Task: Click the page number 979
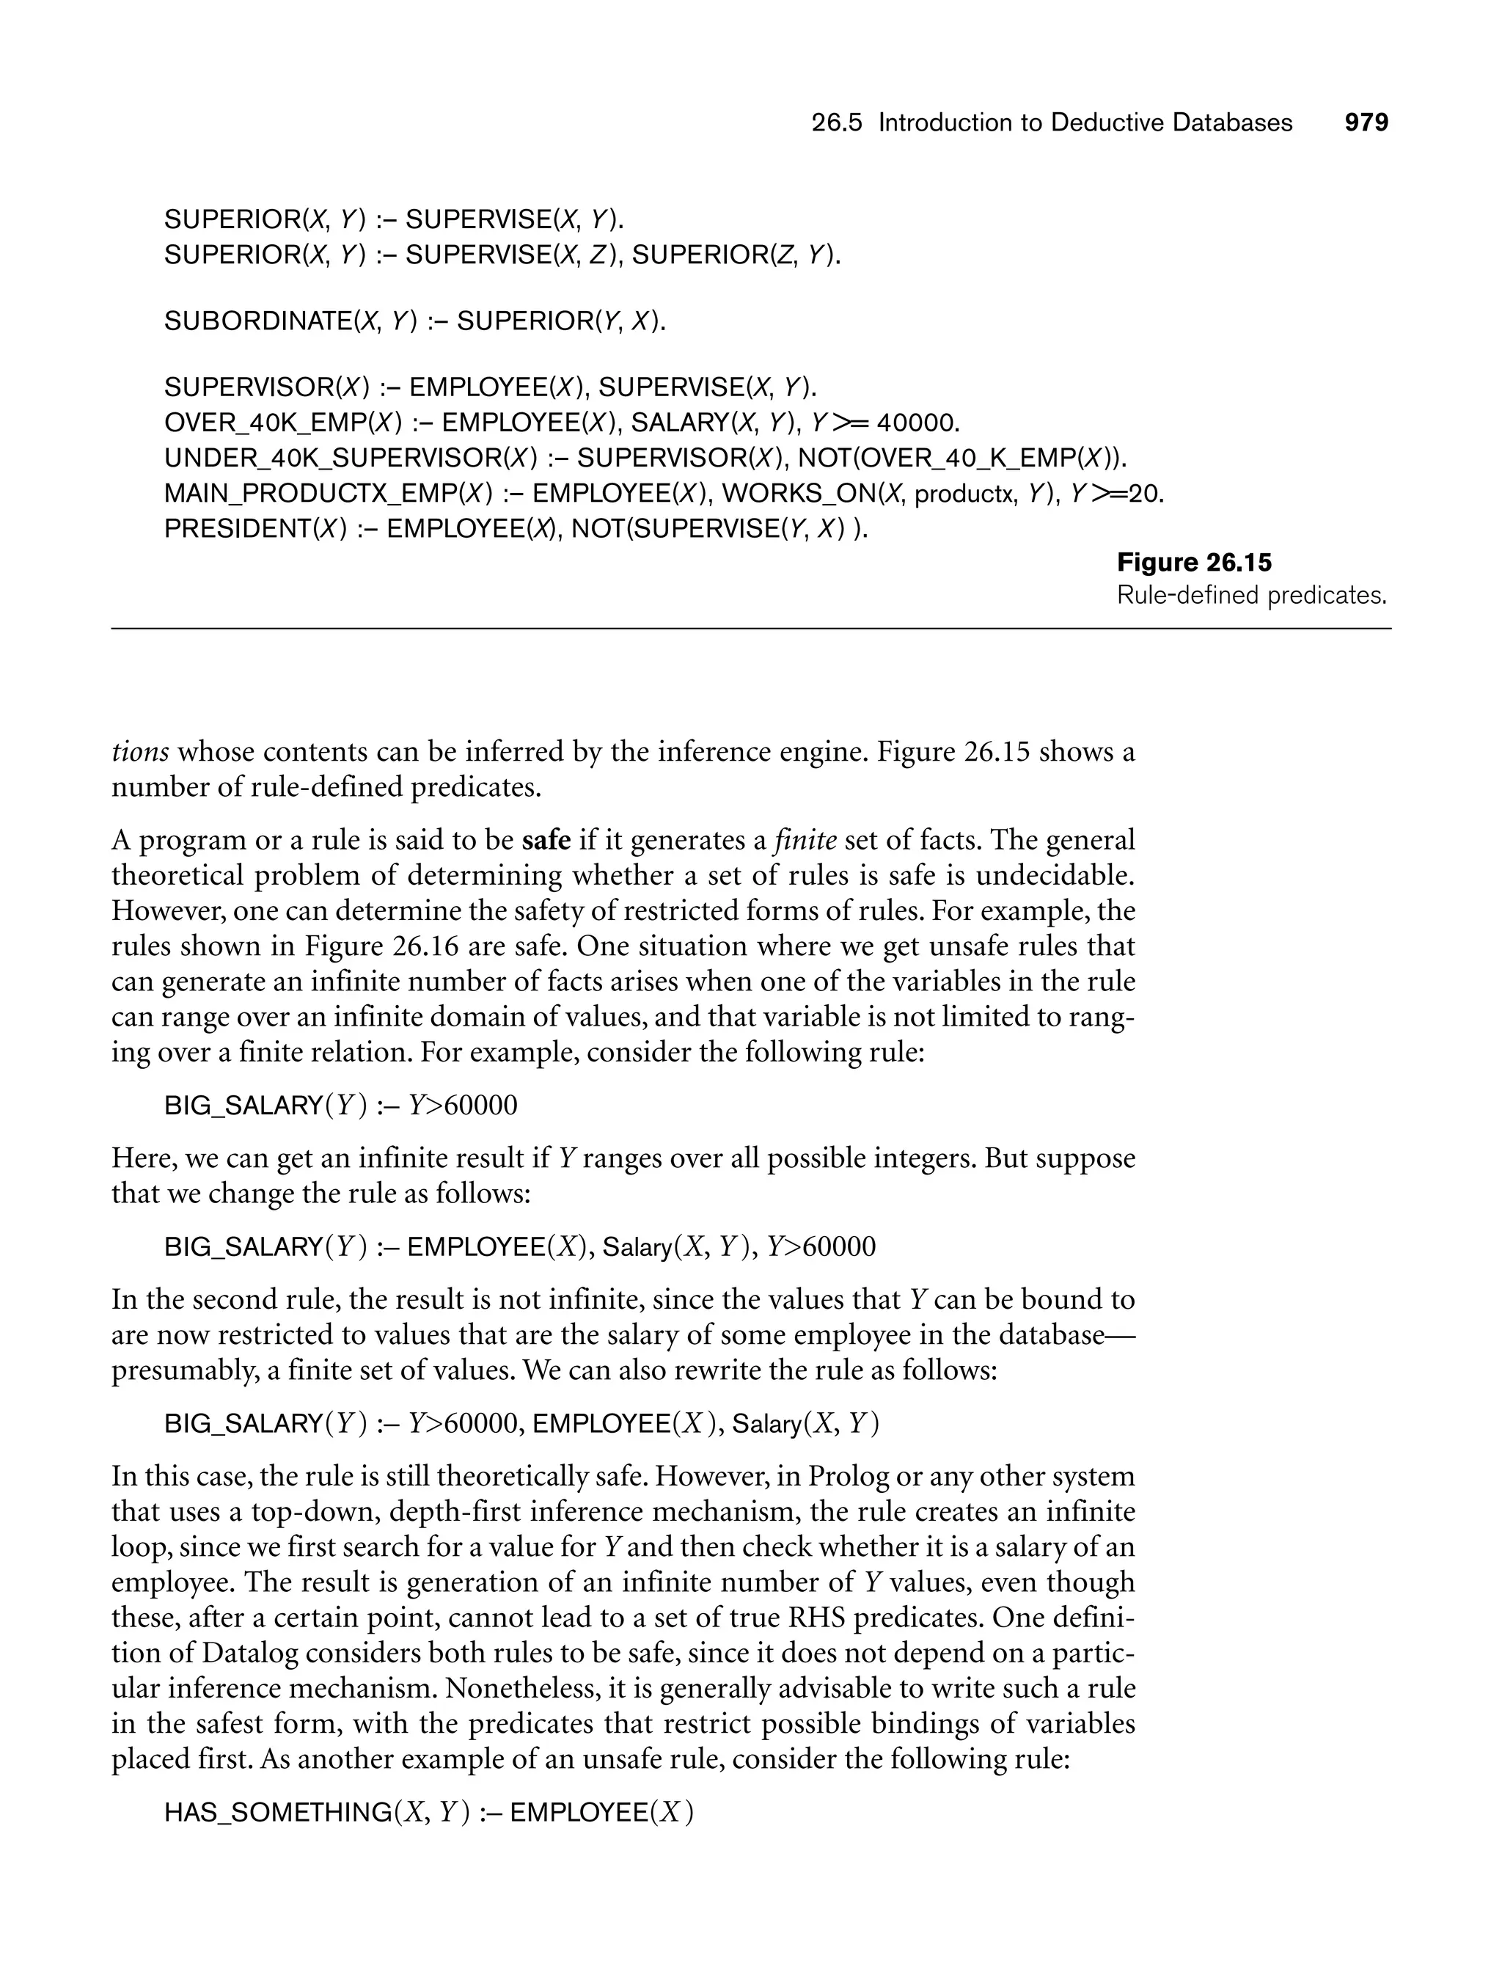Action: pyautogui.click(x=1366, y=123)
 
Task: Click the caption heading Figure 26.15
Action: pyautogui.click(x=1195, y=563)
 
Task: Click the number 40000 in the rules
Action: pyautogui.click(x=919, y=422)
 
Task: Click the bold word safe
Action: pyautogui.click(x=546, y=841)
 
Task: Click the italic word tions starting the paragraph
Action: pyautogui.click(x=140, y=752)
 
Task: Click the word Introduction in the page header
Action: pyautogui.click(x=948, y=123)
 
